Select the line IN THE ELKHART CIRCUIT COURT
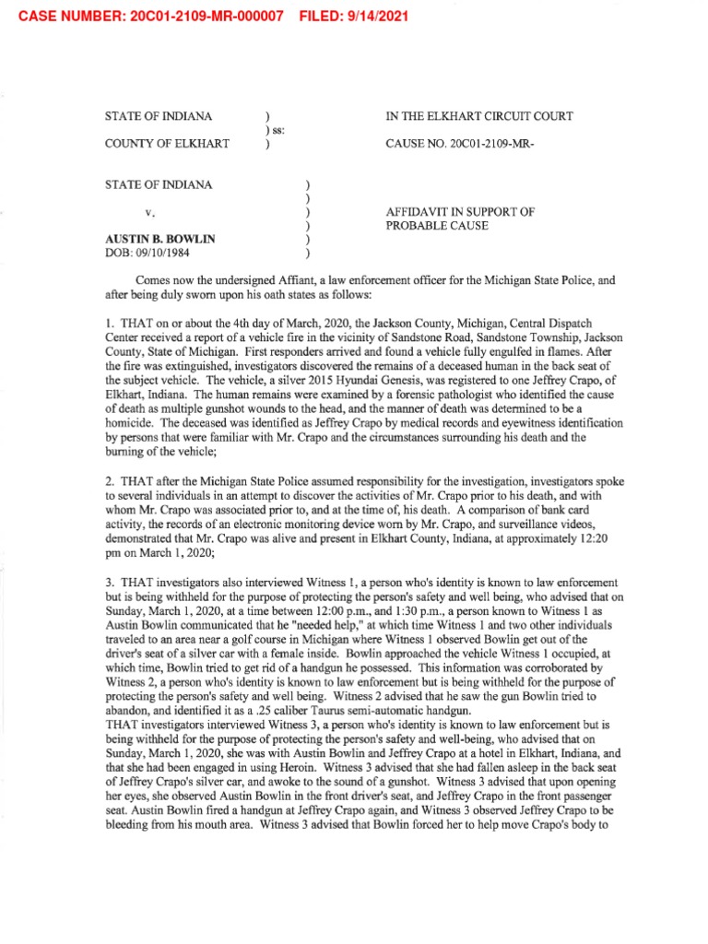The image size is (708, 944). (x=478, y=116)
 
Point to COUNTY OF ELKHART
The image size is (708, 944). (x=159, y=144)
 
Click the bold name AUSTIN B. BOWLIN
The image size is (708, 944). (x=160, y=239)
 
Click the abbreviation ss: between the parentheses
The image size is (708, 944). (x=276, y=130)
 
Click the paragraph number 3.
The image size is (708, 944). (x=110, y=583)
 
